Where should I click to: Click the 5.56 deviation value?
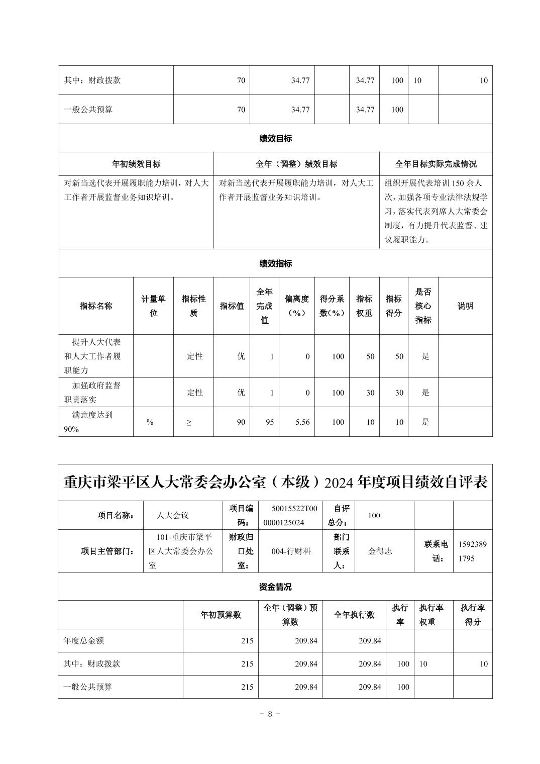tap(302, 422)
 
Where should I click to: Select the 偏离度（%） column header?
tap(296, 306)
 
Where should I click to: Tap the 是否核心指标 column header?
tap(423, 306)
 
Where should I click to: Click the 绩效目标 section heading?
tap(275, 138)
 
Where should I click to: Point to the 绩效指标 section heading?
tap(275, 263)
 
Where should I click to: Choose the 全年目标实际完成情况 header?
tap(436, 164)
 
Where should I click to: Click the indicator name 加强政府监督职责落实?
tap(96, 393)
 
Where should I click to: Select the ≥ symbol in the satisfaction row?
tap(189, 422)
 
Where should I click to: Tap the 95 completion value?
tap(270, 422)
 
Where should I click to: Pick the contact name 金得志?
tap(380, 551)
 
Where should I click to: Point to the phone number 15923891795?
tap(472, 551)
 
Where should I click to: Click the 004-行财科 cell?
tap(291, 551)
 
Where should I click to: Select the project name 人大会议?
tap(173, 515)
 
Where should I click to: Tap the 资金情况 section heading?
tap(275, 587)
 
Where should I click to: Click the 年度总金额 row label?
tap(84, 641)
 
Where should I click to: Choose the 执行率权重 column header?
tap(431, 614)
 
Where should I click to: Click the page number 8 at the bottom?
tap(270, 714)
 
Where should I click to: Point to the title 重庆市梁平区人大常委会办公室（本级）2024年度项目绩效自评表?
tap(275, 483)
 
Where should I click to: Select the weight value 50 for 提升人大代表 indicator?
tap(370, 356)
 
